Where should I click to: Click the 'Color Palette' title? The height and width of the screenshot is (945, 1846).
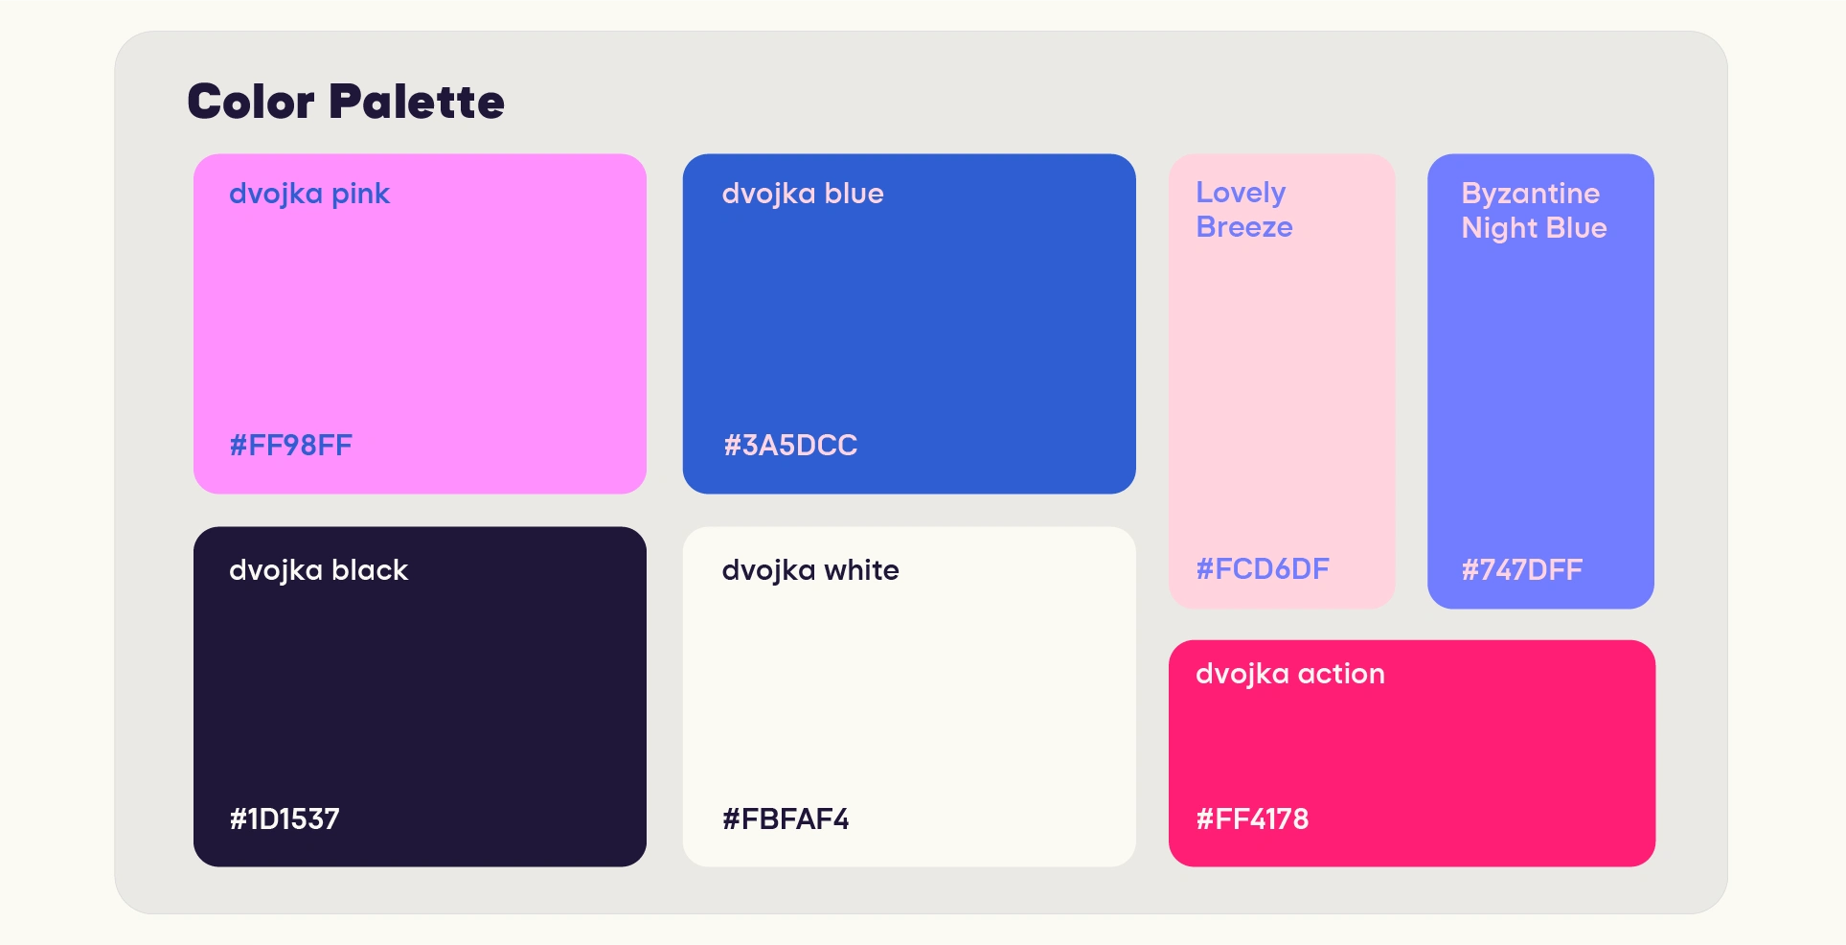point(346,102)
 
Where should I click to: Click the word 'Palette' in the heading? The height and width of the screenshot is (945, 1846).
point(417,102)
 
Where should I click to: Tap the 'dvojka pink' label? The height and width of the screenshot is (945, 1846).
point(309,195)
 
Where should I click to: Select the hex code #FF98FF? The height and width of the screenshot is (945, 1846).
point(291,445)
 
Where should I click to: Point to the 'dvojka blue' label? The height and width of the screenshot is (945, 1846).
point(803,195)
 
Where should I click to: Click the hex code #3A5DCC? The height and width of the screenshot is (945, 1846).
point(790,445)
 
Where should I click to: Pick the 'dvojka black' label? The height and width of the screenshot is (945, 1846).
point(319,571)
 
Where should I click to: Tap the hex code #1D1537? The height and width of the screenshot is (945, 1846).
point(285,818)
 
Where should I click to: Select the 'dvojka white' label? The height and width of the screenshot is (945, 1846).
point(810,571)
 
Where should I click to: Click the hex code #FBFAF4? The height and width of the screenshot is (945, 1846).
point(786,818)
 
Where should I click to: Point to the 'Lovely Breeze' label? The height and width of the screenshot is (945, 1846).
point(1244,210)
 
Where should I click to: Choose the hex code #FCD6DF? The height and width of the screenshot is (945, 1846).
point(1263,569)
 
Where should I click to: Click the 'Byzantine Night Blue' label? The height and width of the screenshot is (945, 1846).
point(1535,211)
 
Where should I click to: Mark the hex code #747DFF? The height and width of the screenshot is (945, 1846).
point(1522,570)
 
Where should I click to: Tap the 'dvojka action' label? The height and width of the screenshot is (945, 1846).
point(1290,675)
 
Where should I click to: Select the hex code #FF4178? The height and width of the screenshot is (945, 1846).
point(1252,818)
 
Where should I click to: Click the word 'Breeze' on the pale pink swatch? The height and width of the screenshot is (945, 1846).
point(1244,227)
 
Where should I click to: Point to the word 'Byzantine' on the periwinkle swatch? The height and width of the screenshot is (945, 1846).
point(1531,195)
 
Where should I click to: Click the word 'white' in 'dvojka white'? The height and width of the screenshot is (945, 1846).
point(862,571)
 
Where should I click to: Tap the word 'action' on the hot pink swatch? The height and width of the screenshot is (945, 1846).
point(1342,675)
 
